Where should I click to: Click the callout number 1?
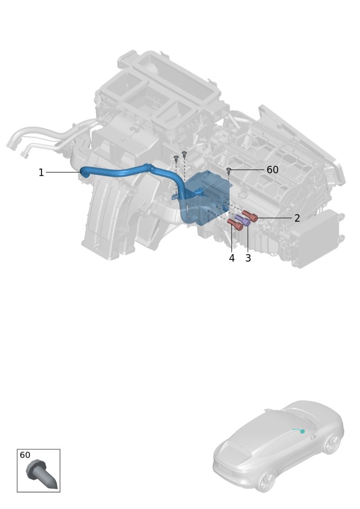[x=41, y=172]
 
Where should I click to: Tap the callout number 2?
[x=297, y=218]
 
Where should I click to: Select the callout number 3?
[x=248, y=258]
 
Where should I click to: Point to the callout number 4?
[x=232, y=258]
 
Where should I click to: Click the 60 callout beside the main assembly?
[x=272, y=170]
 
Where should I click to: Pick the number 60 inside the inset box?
[x=25, y=455]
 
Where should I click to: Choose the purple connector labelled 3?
[x=243, y=220]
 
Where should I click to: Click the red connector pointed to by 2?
[x=250, y=215]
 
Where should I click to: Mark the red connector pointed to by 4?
[x=235, y=224]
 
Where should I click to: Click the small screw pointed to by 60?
[x=229, y=170]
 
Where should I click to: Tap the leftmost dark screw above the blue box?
[x=176, y=158]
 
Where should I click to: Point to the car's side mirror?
[x=313, y=437]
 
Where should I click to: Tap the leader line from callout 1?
[x=63, y=172]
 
